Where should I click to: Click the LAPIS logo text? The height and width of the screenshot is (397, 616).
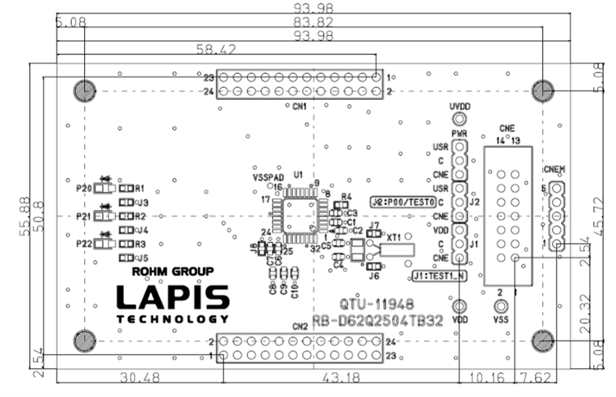coord(173,296)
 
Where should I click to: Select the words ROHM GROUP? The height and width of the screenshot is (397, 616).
coord(173,272)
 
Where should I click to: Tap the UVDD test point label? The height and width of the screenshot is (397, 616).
coord(459,106)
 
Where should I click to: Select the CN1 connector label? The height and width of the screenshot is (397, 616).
coord(299,106)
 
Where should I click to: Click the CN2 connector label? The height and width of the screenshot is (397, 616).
coord(299,327)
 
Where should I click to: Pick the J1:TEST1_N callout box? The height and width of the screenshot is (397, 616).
coord(440,276)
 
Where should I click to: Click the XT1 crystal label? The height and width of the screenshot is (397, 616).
coord(394,237)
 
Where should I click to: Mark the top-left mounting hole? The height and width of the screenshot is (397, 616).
coord(84,91)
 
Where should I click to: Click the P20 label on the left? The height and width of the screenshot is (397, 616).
coord(84,188)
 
